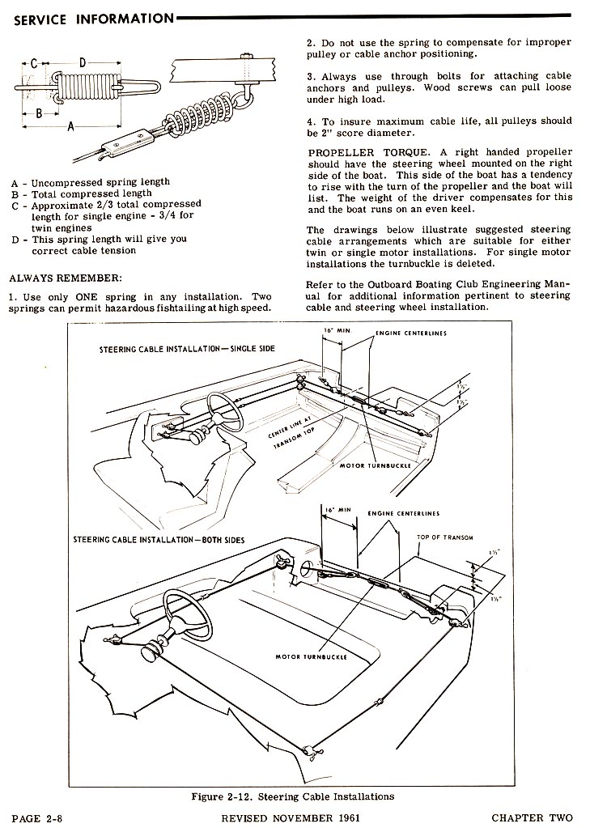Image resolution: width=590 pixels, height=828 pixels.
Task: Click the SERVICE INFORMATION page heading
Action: coord(93,18)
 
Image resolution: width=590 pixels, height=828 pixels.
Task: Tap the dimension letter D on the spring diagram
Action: coord(83,62)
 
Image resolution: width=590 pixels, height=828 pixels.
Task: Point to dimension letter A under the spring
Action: coord(71,126)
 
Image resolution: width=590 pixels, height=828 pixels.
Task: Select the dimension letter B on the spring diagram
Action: coord(38,114)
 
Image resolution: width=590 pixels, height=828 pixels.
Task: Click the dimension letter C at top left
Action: coord(33,62)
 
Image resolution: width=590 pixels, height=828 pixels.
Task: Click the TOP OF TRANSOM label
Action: coord(445,537)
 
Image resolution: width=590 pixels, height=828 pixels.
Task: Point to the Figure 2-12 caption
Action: coord(293,796)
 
